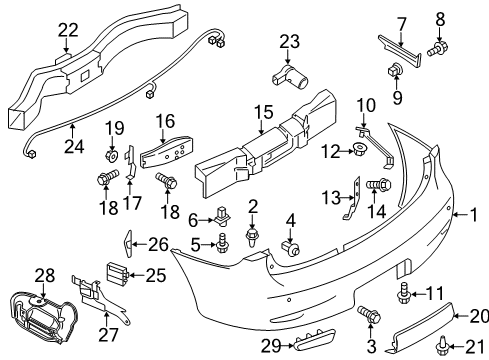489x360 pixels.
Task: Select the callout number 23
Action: (289, 41)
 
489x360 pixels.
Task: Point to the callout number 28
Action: (43, 273)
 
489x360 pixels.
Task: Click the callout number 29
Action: (266, 345)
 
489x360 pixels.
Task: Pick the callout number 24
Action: (76, 128)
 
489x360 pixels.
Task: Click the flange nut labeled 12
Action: (357, 151)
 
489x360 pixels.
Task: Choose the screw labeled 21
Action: (441, 348)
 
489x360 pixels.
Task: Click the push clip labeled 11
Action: (403, 291)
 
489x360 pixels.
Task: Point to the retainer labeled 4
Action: (291, 246)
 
